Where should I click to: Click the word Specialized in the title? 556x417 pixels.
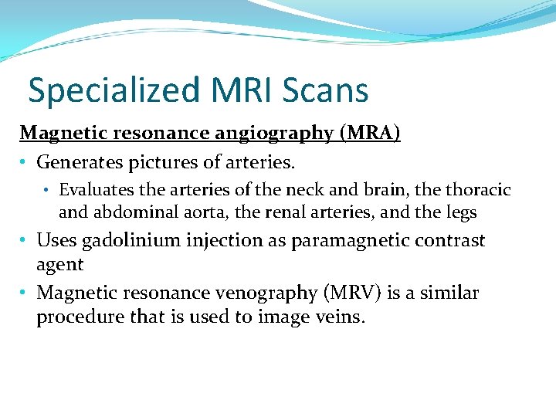(110, 91)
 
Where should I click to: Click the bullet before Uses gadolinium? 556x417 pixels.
(25, 240)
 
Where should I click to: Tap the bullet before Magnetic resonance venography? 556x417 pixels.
(25, 293)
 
